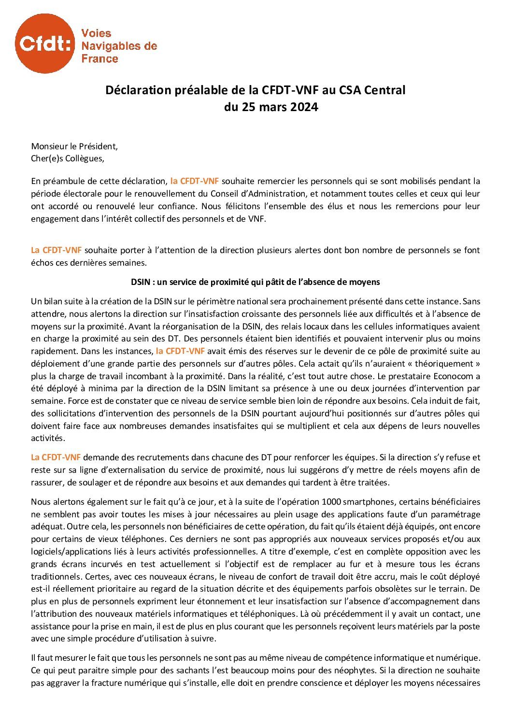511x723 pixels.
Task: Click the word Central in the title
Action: tap(384, 90)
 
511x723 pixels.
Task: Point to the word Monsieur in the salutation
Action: tap(48, 146)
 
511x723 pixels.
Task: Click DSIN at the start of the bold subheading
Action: tap(141, 282)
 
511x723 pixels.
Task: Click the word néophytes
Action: tap(353, 670)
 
